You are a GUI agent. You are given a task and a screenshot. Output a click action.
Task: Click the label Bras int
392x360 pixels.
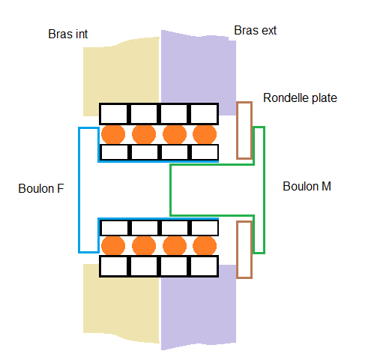[67, 34]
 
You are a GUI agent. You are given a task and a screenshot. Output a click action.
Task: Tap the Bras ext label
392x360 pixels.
[256, 31]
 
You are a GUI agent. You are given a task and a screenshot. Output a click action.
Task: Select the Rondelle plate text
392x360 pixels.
[300, 97]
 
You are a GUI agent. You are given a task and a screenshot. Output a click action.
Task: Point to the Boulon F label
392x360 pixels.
[41, 188]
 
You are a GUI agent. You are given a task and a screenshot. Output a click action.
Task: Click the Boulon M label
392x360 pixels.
[307, 187]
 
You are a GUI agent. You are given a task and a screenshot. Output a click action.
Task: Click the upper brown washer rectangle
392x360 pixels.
[244, 130]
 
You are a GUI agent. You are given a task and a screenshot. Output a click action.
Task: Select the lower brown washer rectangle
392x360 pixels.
[244, 250]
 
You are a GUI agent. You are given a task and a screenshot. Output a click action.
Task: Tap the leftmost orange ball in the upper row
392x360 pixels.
[113, 134]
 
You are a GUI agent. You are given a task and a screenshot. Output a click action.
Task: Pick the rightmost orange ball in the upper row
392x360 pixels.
[205, 134]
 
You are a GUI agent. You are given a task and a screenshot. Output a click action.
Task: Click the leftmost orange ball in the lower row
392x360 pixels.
[113, 246]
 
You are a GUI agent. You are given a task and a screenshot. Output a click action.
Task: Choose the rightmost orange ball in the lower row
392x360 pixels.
[205, 246]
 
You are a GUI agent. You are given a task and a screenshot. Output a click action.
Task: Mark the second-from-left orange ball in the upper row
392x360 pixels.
[144, 134]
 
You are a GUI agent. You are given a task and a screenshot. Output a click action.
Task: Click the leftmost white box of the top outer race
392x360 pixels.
[114, 114]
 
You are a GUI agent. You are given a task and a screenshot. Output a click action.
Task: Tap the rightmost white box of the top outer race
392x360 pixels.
[205, 114]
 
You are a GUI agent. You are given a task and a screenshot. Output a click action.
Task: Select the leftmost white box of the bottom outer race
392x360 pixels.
[114, 266]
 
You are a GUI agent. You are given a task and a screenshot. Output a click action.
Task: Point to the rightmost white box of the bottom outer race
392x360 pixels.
[205, 266]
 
